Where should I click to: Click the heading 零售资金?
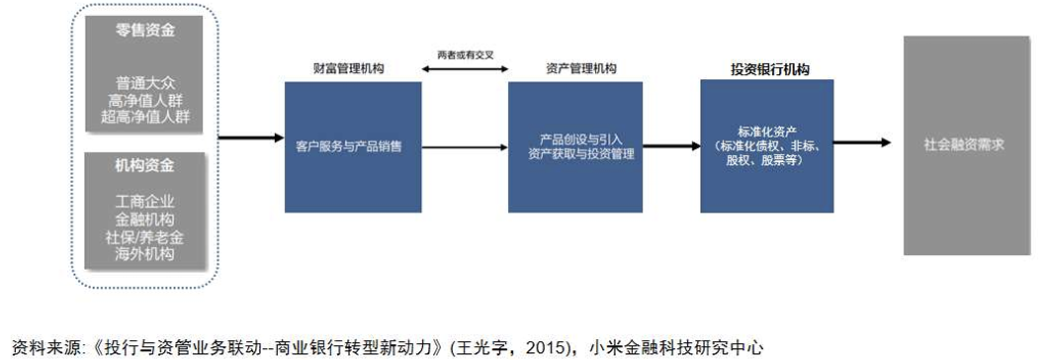pos(145,30)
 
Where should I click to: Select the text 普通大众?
pos(145,83)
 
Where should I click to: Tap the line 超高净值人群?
pos(145,117)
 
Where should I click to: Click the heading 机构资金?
pos(145,165)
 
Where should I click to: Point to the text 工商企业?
pos(145,202)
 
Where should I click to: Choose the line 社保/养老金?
pos(145,236)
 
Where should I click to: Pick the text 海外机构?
pos(145,254)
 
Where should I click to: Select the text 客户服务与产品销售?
pos(349,147)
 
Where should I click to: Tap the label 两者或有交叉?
pos(465,55)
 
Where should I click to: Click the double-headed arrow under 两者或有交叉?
pos(465,68)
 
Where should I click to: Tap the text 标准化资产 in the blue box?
pos(766,132)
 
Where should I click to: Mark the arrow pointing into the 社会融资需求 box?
pos(862,142)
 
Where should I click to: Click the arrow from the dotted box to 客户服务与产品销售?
pos(251,138)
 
